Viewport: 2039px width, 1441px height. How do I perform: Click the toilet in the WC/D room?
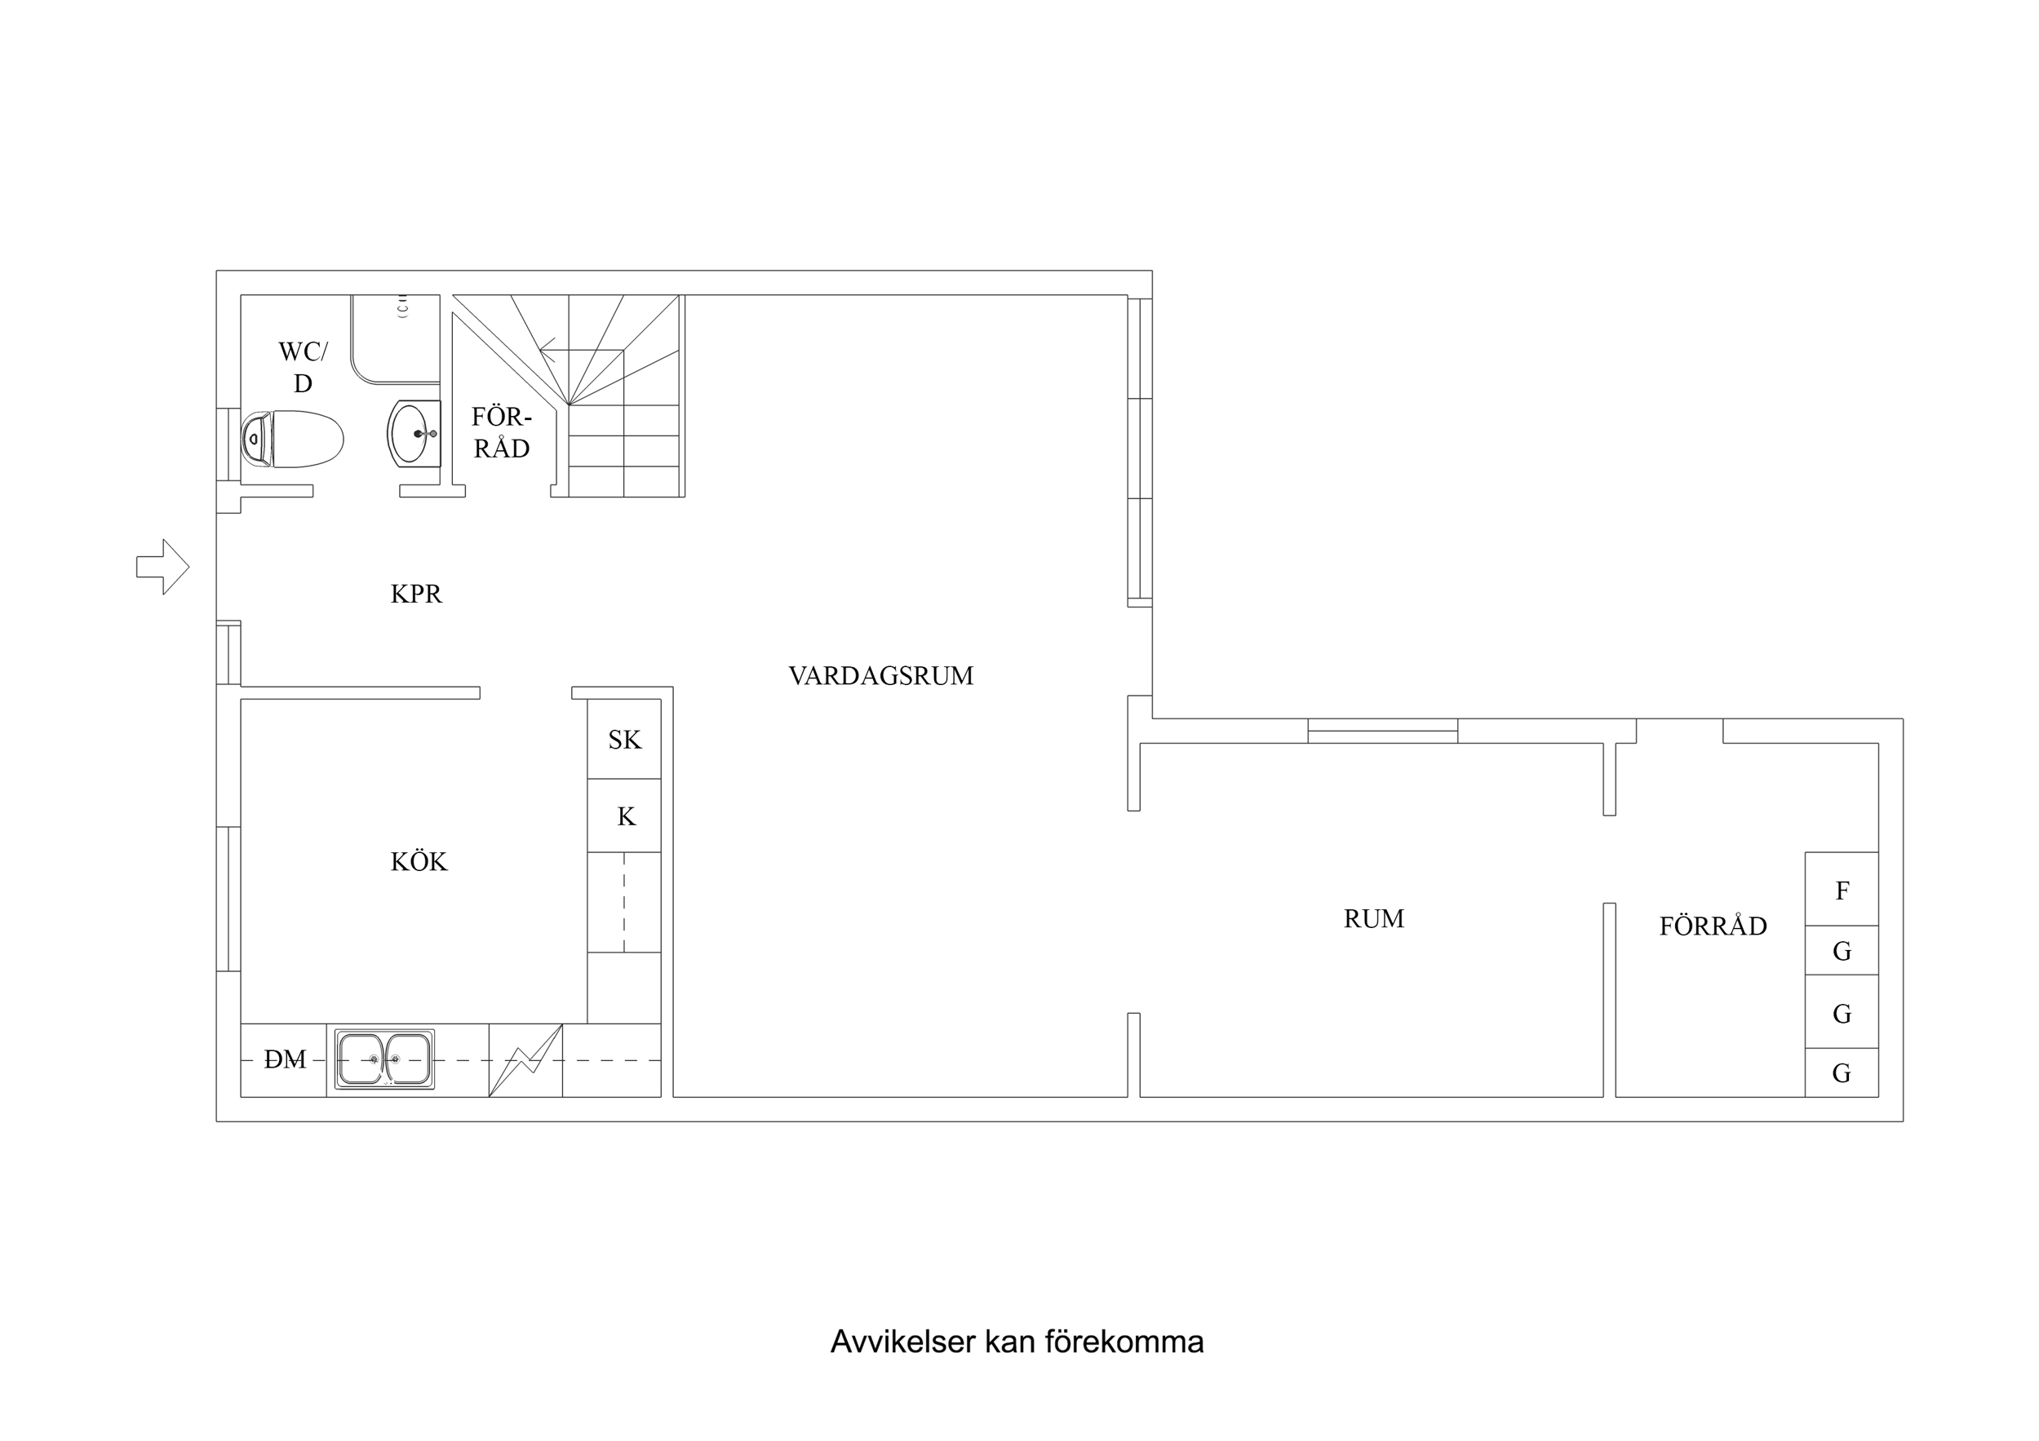[293, 439]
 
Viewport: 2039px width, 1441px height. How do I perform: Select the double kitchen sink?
[384, 1059]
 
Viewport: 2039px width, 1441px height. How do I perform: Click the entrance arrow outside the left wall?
[163, 567]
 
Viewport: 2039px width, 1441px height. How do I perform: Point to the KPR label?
[415, 594]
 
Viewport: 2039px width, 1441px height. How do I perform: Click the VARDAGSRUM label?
[880, 677]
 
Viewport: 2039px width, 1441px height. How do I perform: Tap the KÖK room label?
[419, 862]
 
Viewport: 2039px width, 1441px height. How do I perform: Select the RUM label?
[1373, 919]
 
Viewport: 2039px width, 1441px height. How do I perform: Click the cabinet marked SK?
[623, 740]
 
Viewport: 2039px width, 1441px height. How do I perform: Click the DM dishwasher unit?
[284, 1059]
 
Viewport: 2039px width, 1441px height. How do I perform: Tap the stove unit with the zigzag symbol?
[525, 1060]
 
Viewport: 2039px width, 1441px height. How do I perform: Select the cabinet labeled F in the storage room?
[1841, 891]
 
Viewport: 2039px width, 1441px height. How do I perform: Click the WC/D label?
[303, 367]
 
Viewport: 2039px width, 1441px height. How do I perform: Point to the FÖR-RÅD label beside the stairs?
[502, 432]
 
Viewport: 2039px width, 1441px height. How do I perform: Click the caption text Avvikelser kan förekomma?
[1017, 1342]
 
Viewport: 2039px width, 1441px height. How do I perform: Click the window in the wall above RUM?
[1382, 731]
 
